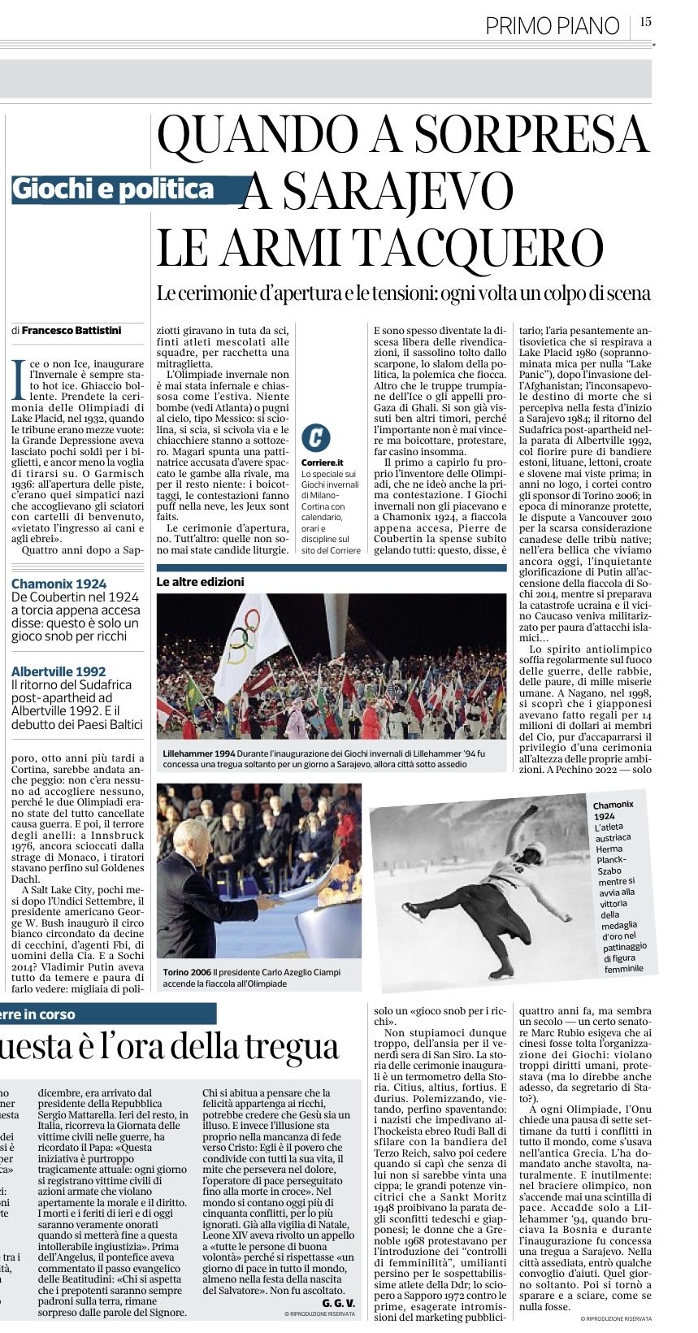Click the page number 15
click(x=645, y=23)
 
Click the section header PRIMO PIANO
click(x=552, y=26)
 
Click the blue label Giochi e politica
click(x=114, y=189)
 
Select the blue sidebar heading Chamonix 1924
click(x=59, y=584)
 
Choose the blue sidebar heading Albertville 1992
click(x=59, y=671)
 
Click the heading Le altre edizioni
click(x=200, y=582)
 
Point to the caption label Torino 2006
click(x=188, y=972)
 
